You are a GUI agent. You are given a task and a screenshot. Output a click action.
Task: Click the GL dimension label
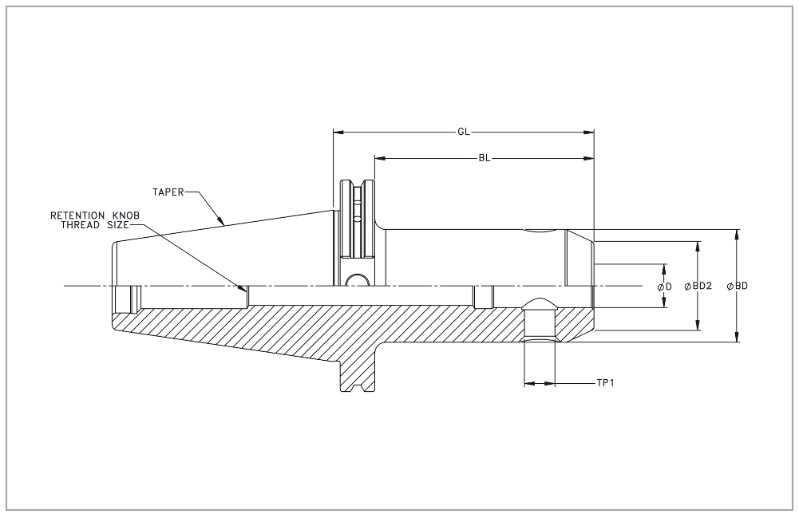(x=463, y=132)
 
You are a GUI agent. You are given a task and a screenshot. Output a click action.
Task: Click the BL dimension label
(x=484, y=158)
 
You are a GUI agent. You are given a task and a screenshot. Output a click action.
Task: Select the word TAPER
(x=168, y=192)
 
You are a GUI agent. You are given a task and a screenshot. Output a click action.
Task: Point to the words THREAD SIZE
(x=95, y=225)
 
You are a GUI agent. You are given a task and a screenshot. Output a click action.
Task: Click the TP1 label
(x=605, y=384)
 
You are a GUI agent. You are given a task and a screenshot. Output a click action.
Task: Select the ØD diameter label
(x=664, y=287)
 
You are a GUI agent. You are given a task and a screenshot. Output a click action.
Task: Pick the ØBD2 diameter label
(x=698, y=287)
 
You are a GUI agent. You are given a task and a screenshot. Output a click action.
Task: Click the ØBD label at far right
(x=737, y=287)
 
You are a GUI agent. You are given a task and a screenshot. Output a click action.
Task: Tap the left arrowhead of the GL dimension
(x=338, y=132)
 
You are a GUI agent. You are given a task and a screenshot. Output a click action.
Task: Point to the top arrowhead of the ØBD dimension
(x=736, y=234)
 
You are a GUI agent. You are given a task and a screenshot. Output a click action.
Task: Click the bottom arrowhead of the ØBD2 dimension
(x=698, y=325)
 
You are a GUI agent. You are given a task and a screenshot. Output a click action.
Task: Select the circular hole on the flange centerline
(x=357, y=281)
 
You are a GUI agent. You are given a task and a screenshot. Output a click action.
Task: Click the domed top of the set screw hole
(x=539, y=302)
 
